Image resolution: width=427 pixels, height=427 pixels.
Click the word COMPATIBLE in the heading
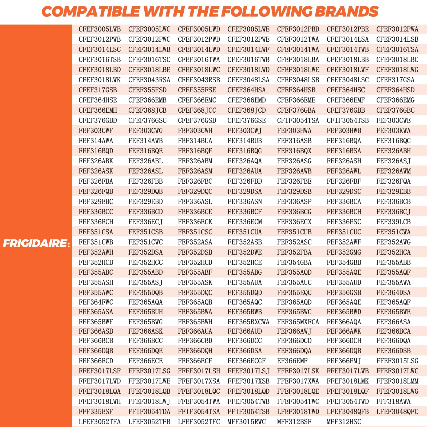click(91, 12)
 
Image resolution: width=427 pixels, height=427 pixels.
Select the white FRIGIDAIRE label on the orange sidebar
click(35, 243)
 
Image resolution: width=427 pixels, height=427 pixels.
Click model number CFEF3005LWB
click(100, 29)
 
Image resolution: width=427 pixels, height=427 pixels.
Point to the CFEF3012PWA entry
click(397, 29)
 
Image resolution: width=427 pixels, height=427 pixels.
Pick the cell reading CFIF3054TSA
click(298, 121)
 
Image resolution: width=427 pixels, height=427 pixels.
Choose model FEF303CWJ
click(244, 131)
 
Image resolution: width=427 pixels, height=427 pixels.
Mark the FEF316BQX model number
click(294, 151)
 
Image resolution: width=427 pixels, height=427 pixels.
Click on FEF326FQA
click(393, 181)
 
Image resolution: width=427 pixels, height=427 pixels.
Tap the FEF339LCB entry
click(393, 222)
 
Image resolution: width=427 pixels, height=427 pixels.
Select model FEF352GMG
click(344, 252)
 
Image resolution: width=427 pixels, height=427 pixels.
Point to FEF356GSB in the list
click(344, 293)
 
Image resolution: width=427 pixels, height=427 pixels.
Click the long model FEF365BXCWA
click(248, 322)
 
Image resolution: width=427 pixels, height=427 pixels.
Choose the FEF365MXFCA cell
click(298, 322)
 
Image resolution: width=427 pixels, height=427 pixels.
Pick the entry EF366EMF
click(292, 361)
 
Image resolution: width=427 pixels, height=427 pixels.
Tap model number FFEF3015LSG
click(397, 361)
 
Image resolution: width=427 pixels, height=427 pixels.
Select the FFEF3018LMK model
click(347, 381)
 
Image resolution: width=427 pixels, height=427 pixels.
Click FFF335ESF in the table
click(96, 412)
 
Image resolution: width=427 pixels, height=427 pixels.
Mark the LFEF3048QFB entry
click(347, 412)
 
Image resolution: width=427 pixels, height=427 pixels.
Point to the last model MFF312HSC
click(344, 422)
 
